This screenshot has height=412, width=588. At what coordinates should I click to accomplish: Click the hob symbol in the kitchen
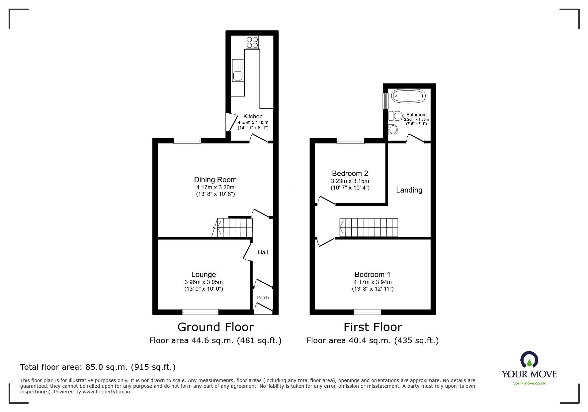(252, 42)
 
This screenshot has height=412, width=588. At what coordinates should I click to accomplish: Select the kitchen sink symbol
(238, 70)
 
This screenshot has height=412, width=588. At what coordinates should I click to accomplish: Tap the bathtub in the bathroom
(408, 96)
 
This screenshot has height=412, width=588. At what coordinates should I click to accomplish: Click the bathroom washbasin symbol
(393, 129)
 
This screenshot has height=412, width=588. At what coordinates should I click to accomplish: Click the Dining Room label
(215, 180)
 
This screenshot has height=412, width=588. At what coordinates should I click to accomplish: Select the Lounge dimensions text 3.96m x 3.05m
(204, 282)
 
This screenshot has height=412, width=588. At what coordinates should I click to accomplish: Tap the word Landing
(409, 190)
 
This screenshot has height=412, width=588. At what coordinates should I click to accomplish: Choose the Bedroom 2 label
(350, 174)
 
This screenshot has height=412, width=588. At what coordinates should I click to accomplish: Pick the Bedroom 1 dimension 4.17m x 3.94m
(373, 282)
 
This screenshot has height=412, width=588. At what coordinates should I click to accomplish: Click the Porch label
(262, 298)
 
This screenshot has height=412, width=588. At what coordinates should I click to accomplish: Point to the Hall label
(263, 252)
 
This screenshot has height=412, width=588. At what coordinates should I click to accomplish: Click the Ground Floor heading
(215, 327)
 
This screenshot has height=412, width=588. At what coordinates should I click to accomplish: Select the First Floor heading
(373, 327)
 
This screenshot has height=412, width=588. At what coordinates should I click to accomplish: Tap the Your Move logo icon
(529, 360)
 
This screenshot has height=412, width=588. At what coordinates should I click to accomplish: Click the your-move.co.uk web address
(529, 383)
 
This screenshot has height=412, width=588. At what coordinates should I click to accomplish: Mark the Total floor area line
(98, 367)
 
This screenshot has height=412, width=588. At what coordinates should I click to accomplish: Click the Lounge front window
(200, 312)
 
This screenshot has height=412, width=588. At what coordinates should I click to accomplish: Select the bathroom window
(385, 101)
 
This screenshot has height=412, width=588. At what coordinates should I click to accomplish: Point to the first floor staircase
(369, 227)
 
